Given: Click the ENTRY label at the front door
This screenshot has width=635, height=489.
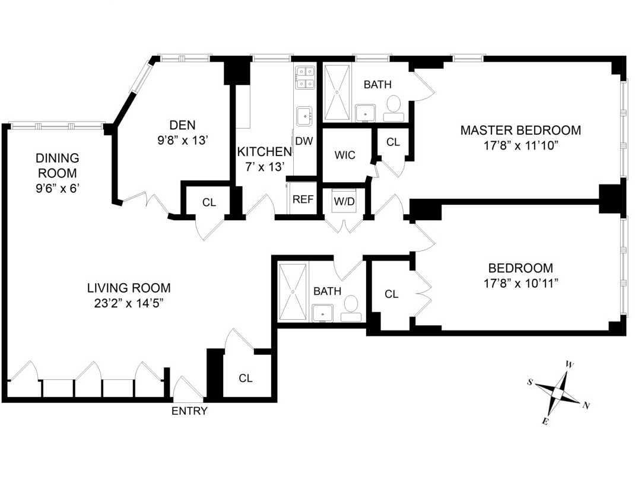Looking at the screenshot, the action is coord(189,411).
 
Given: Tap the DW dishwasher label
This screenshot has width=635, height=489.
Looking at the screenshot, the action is coord(304,141).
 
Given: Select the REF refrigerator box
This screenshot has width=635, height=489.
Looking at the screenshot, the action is coord(303,199).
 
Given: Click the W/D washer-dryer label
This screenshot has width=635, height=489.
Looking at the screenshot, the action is coord(344,201).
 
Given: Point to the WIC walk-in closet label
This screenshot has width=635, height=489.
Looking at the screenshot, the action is coord(345,155).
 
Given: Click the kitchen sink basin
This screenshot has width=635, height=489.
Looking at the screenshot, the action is coord(305,115).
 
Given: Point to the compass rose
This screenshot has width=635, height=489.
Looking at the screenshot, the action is coord(558,392).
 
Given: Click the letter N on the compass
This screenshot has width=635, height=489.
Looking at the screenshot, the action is coord(586,406).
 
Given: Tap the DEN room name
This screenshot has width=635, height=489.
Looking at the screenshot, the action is coord(182,125).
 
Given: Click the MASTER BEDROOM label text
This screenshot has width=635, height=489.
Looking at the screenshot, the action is coord(520,130).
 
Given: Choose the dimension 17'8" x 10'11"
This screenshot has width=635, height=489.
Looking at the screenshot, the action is coord(520,283).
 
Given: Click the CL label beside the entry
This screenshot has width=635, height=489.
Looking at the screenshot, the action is coord(246,378).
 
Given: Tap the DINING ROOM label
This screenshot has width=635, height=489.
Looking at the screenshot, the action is coord(57,166).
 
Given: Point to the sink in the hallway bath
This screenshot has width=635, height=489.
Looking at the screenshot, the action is coord(324,312).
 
